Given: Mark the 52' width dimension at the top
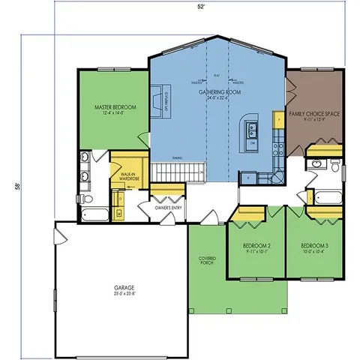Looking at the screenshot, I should tap(201, 5).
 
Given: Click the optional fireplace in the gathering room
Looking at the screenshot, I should tap(157, 100).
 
